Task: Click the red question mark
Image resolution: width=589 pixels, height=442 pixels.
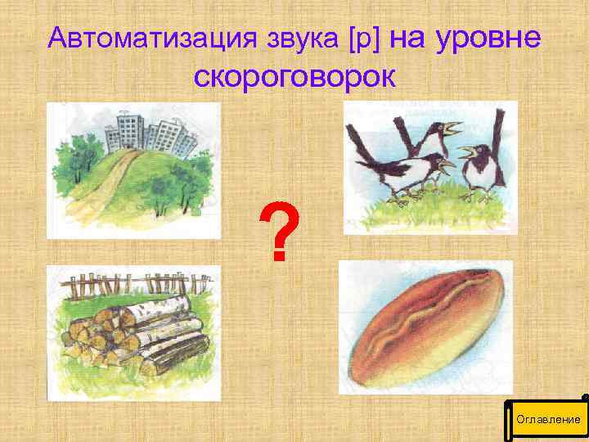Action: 279,232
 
